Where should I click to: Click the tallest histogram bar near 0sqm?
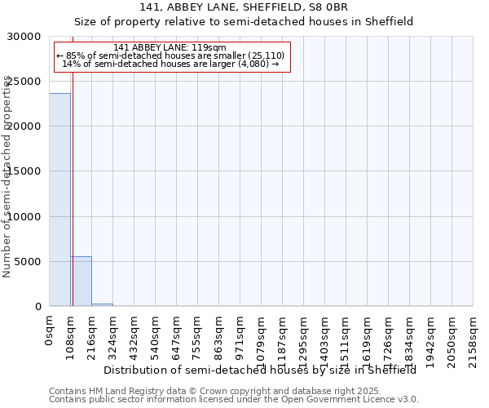[x=59, y=200]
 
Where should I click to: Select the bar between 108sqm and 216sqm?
[x=81, y=282]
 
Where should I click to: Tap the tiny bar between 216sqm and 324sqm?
[x=102, y=304]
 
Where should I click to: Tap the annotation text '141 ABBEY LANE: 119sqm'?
[x=170, y=48]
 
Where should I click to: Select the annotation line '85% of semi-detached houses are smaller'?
[x=170, y=55]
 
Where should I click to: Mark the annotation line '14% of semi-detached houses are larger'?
[x=170, y=64]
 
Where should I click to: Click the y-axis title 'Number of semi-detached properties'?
[x=7, y=176]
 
